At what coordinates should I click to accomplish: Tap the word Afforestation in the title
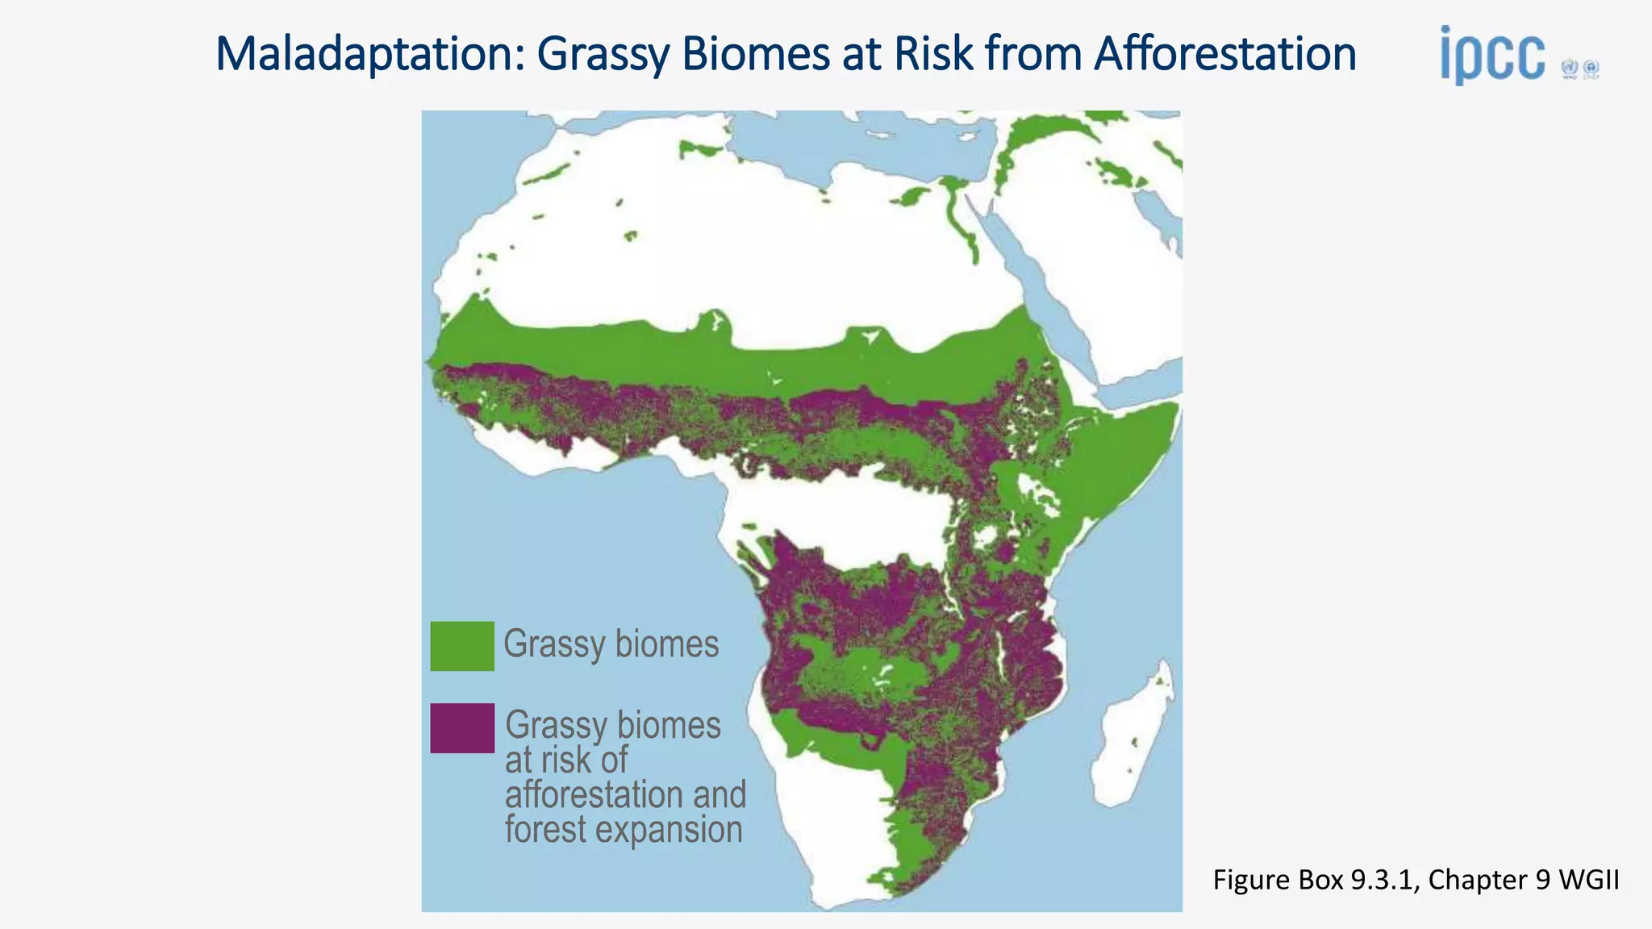(1224, 54)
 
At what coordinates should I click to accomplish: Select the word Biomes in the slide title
(757, 54)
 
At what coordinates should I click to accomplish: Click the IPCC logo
(1492, 56)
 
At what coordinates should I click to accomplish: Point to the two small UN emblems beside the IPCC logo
(1580, 69)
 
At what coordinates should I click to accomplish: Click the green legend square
(461, 646)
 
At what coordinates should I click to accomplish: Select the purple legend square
(461, 728)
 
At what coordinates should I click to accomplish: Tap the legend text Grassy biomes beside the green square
(611, 644)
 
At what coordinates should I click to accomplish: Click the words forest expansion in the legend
(624, 830)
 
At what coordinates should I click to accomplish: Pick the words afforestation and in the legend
(625, 795)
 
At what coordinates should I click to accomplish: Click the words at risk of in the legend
(566, 760)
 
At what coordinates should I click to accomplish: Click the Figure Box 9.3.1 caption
(1415, 880)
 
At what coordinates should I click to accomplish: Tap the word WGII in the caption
(1588, 880)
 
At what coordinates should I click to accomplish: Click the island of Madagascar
(1133, 742)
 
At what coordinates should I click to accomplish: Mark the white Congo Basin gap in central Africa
(847, 516)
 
